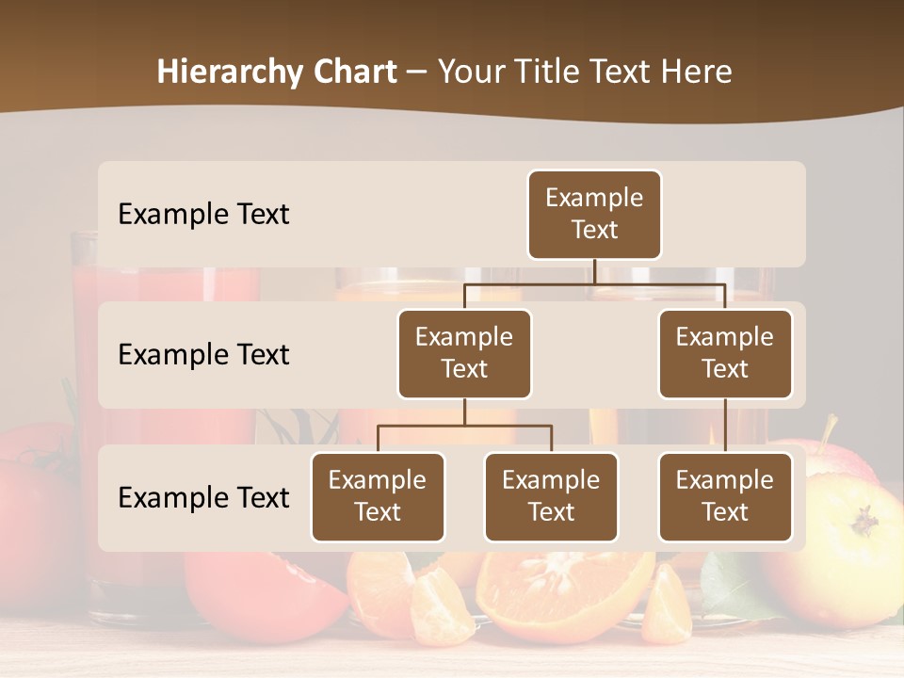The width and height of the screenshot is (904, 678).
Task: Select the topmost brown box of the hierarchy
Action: (594, 215)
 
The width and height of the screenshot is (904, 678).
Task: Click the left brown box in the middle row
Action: (464, 354)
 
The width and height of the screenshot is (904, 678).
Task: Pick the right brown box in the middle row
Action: (725, 354)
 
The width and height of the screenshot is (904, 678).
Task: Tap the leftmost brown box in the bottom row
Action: (378, 497)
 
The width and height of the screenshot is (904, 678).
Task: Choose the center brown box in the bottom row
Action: (551, 497)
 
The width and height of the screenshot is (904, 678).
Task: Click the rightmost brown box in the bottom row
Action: (725, 497)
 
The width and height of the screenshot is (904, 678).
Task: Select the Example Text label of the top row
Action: (203, 215)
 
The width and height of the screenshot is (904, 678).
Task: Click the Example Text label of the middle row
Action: (203, 355)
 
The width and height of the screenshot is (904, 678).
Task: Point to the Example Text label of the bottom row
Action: (203, 498)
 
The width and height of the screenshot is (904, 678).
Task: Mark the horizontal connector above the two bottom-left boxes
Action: (464, 426)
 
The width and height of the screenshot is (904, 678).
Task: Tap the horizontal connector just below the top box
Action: (594, 283)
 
